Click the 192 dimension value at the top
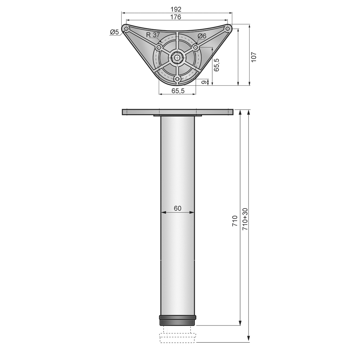click(176, 9)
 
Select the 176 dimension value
click(176, 17)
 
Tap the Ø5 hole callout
click(114, 32)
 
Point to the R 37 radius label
click(153, 35)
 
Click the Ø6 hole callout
click(202, 36)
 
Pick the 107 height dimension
click(253, 56)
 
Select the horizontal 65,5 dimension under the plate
click(178, 91)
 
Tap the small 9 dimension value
click(203, 82)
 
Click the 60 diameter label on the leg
click(177, 208)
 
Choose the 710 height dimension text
click(235, 221)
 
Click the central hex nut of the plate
click(177, 57)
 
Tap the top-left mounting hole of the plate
click(126, 28)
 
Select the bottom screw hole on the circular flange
click(177, 78)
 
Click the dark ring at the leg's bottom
click(177, 320)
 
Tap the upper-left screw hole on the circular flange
click(158, 47)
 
